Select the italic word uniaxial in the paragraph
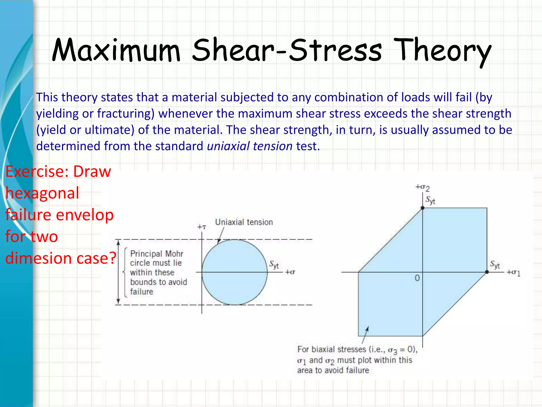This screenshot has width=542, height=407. tap(228, 146)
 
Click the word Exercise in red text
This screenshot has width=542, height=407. tap(37, 171)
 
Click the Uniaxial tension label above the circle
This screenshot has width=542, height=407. tap(244, 222)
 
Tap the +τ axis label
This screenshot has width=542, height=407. tap(202, 227)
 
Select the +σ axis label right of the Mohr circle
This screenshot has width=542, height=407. tap(290, 272)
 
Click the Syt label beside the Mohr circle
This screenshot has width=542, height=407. tap(274, 264)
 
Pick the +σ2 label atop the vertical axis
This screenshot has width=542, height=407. tap(422, 188)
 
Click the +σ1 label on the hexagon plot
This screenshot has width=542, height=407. tap(513, 272)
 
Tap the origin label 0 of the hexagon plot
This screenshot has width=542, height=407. tap(417, 278)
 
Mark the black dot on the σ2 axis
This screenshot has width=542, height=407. tap(423, 208)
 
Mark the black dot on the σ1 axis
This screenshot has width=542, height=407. tap(487, 272)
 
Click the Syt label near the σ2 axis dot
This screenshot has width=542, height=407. tap(430, 200)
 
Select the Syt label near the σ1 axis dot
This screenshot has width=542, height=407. tap(495, 264)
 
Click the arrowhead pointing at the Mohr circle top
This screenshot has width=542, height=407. tap(219, 241)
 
